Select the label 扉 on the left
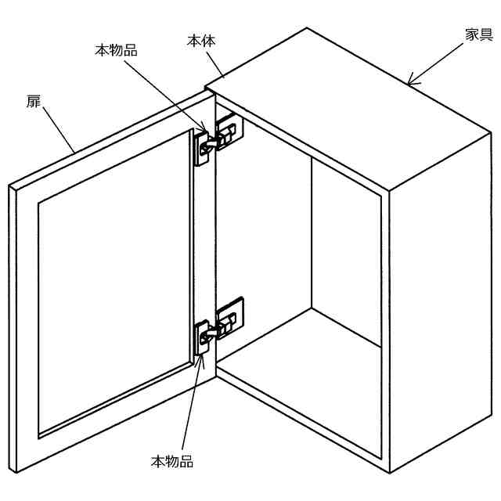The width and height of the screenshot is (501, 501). click(x=34, y=101)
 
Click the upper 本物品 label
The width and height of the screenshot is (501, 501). click(x=116, y=50)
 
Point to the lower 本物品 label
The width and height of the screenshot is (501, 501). click(x=171, y=461)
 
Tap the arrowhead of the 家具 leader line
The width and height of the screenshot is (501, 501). click(x=409, y=81)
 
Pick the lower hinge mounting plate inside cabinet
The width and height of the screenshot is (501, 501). click(x=232, y=315)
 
